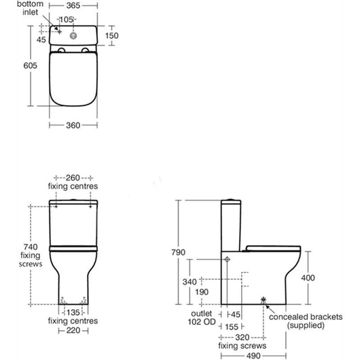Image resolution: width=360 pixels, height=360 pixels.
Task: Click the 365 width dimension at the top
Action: [x=73, y=5]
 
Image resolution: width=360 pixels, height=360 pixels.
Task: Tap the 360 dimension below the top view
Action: [x=73, y=126]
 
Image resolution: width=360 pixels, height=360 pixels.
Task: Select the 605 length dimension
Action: [x=30, y=66]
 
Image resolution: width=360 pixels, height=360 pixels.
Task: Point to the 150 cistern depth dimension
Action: [x=112, y=35]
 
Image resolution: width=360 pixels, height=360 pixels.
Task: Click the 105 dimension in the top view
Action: [x=67, y=20]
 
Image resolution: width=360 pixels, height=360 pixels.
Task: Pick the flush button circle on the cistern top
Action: [x=73, y=36]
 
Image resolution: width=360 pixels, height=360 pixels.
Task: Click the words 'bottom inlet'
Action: [x=30, y=7]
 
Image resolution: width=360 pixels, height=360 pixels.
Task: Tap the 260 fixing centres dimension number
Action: [x=73, y=178]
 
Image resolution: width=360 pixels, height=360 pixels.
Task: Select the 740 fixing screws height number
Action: [x=31, y=247]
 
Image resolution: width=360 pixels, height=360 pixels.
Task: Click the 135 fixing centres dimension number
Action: [x=73, y=312]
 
